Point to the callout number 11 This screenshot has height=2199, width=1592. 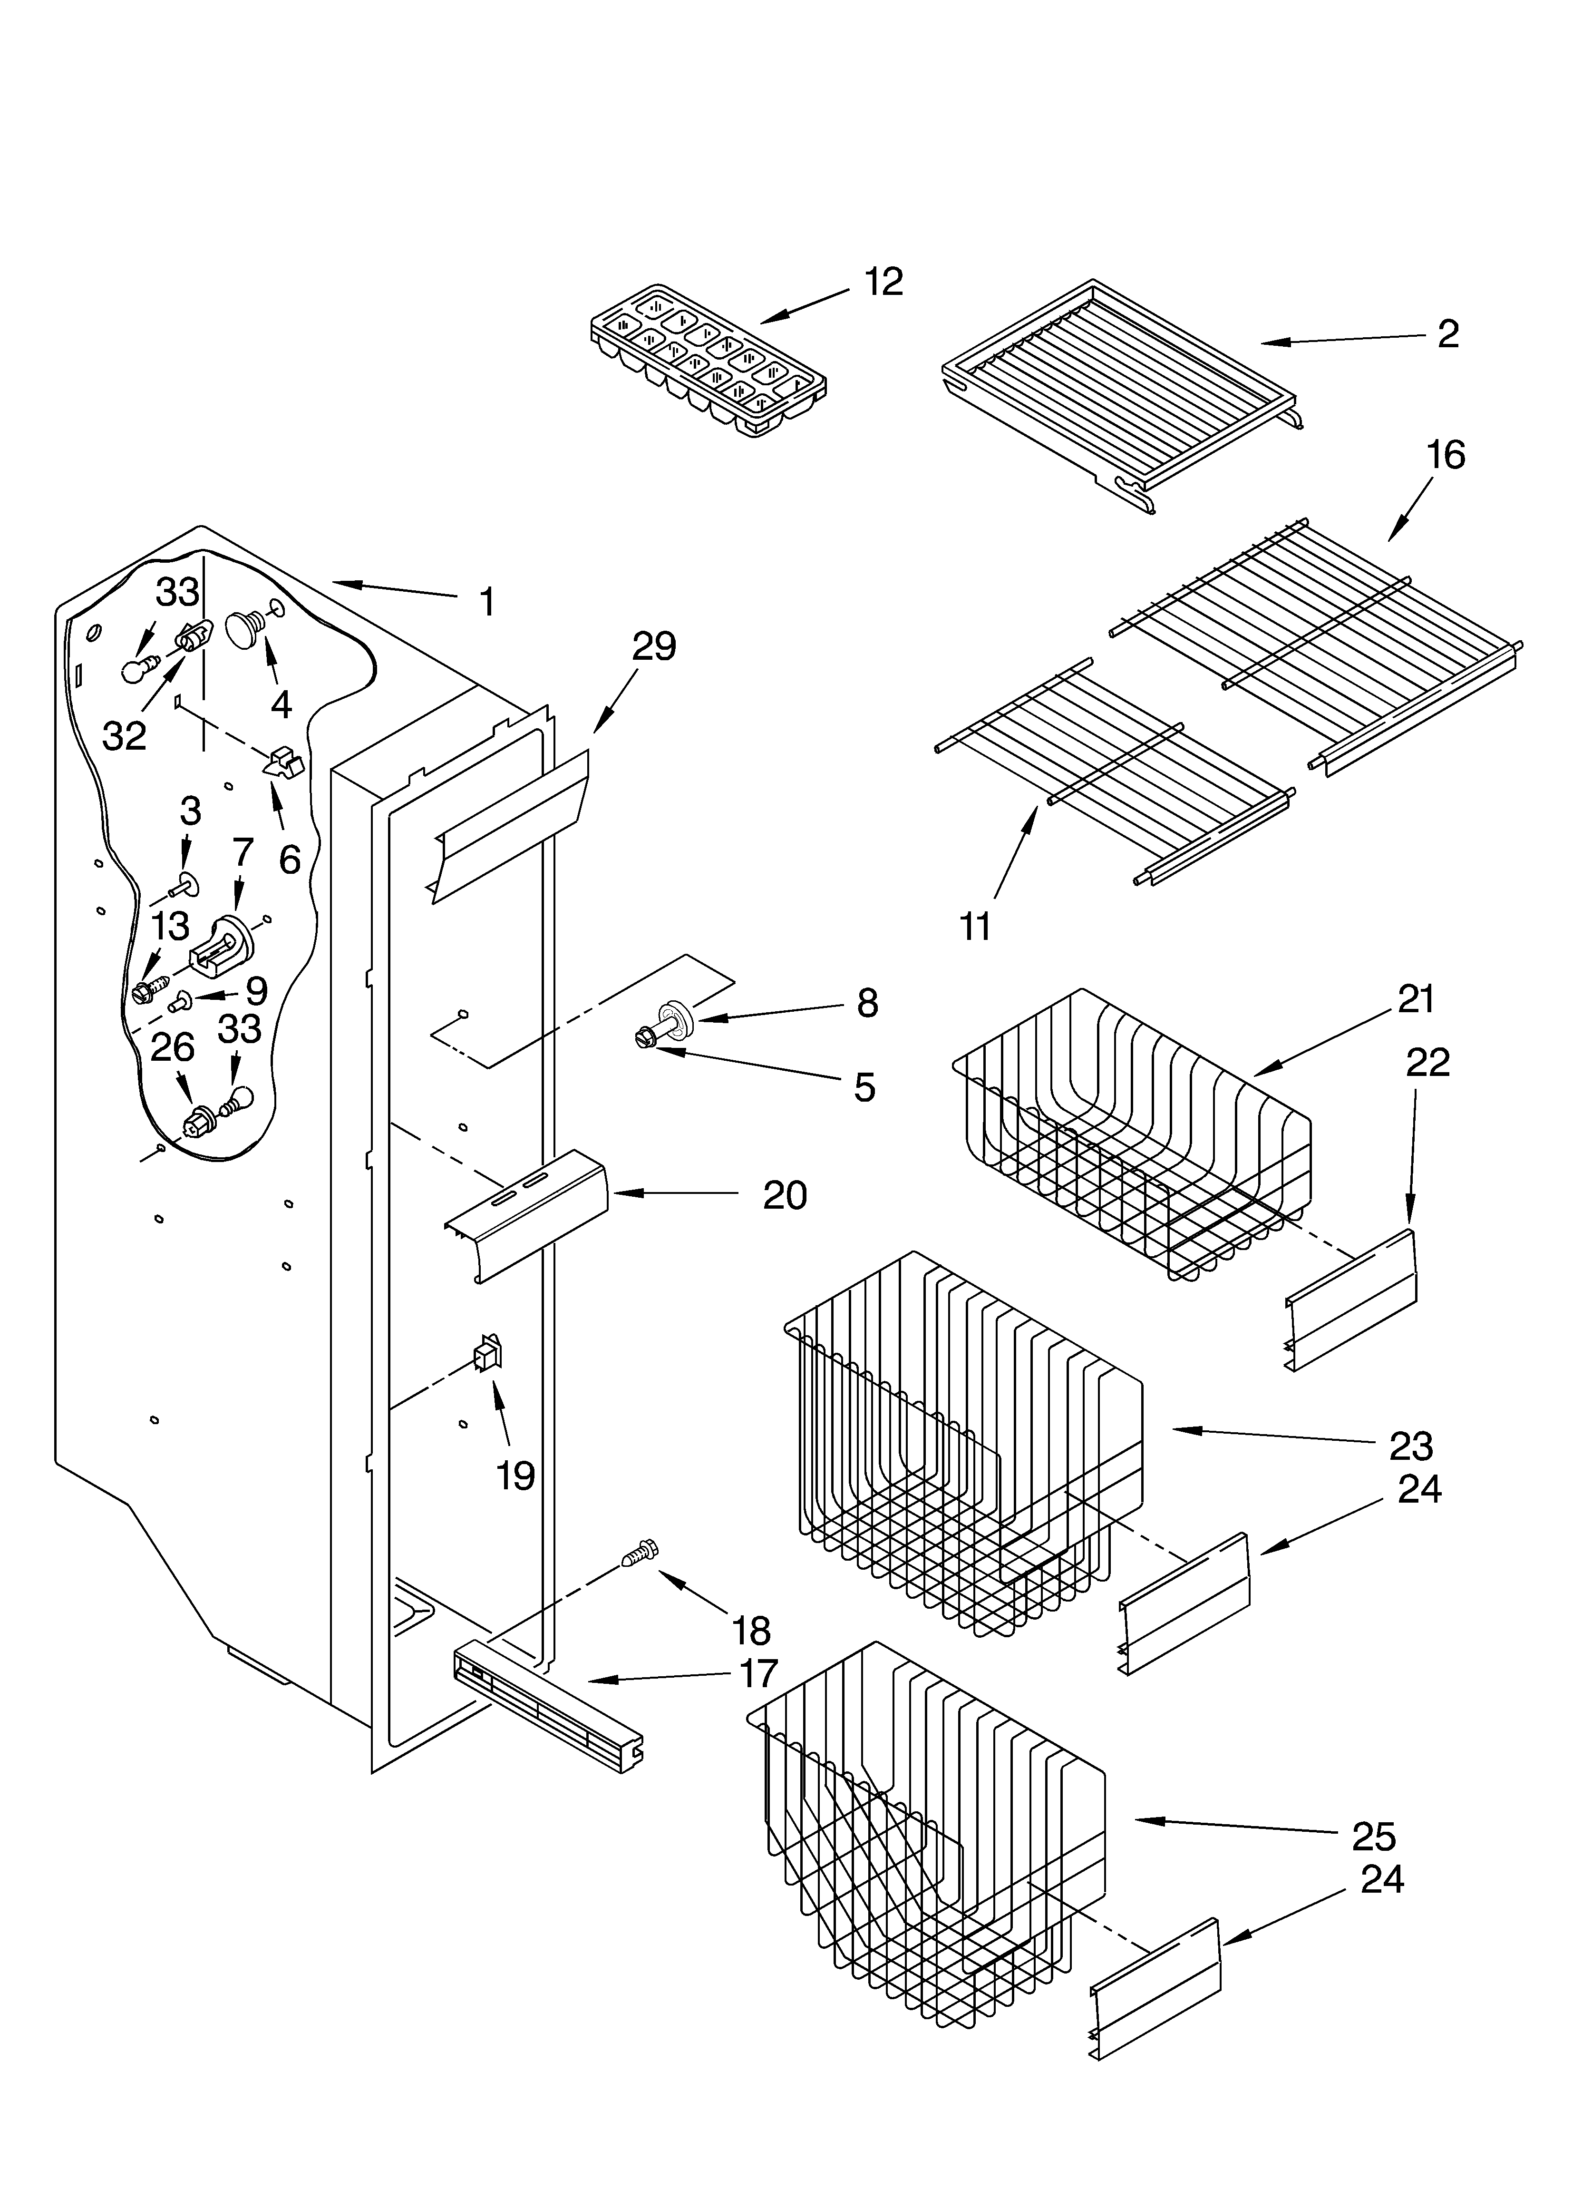[x=974, y=927]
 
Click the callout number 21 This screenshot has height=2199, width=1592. [x=1416, y=999]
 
